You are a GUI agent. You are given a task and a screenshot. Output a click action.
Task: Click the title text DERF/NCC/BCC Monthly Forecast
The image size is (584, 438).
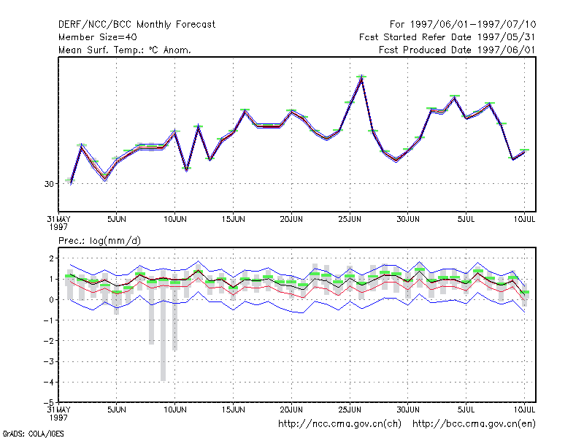click(137, 25)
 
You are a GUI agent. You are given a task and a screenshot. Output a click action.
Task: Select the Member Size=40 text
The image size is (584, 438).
click(98, 37)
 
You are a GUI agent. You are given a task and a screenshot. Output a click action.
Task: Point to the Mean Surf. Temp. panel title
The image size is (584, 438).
click(125, 50)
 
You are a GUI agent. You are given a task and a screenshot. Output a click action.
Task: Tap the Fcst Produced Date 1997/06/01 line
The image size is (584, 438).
click(457, 50)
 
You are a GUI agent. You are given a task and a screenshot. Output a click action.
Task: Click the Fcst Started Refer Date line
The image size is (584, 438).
click(447, 37)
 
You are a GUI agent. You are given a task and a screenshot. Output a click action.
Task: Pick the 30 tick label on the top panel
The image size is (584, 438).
click(49, 184)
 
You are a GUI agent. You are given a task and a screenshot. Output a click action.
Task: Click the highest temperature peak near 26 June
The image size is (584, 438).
click(361, 77)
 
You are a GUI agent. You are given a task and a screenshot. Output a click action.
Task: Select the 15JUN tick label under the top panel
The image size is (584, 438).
click(233, 219)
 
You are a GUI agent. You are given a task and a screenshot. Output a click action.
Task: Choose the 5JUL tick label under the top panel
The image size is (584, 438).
click(466, 219)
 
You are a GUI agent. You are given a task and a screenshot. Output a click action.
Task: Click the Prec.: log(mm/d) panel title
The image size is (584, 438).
click(99, 241)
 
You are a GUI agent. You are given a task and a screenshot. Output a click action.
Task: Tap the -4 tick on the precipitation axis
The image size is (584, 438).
click(49, 382)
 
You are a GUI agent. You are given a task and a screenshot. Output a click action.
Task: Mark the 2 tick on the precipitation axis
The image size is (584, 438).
click(51, 258)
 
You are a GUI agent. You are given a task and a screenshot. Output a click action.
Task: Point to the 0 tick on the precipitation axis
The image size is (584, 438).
click(51, 300)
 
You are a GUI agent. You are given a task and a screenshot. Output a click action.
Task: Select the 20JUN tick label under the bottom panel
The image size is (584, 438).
click(291, 410)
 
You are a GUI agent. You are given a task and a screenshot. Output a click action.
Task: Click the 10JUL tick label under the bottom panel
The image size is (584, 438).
click(524, 410)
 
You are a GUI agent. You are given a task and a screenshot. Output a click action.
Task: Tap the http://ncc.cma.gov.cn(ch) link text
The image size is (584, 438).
click(339, 424)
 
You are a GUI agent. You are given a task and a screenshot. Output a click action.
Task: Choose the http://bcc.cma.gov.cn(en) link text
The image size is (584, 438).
click(474, 424)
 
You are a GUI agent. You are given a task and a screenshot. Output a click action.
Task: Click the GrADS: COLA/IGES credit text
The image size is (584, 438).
click(34, 434)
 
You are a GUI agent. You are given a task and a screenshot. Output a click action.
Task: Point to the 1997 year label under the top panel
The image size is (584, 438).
click(58, 227)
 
